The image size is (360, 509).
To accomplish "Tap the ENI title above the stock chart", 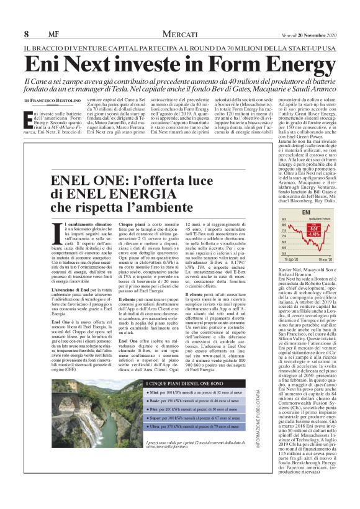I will click(x=305, y=213).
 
